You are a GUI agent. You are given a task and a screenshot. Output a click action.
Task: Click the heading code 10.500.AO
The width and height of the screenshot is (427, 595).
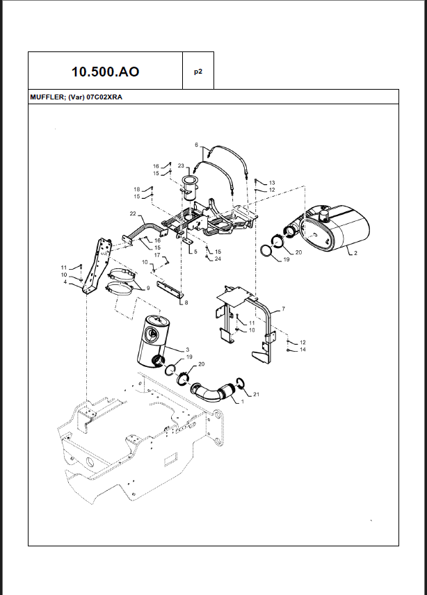point(105,71)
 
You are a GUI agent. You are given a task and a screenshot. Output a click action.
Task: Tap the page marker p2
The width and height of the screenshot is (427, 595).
point(198,71)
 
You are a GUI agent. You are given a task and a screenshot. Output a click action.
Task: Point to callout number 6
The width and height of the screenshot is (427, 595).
point(197,145)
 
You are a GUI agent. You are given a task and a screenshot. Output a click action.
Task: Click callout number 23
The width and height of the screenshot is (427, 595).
point(181,165)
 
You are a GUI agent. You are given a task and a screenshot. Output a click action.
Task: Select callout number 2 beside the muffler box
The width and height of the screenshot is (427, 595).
point(355,253)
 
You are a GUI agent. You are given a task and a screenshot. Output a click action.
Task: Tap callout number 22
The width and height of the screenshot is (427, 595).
point(132,213)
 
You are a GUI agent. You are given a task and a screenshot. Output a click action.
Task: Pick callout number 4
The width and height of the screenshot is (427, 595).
point(65,282)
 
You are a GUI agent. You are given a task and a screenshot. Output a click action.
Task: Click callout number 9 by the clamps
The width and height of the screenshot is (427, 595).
point(147,287)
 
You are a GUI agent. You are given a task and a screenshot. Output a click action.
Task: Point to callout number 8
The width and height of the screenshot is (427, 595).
point(186,302)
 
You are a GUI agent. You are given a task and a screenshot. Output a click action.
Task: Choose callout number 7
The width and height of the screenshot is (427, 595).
point(283,307)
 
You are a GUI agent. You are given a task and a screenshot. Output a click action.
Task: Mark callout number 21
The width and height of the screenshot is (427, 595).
point(256,395)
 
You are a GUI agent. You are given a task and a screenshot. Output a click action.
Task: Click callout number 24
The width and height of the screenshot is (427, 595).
point(218,259)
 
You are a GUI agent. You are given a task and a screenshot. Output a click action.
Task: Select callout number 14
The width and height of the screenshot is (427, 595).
point(303,350)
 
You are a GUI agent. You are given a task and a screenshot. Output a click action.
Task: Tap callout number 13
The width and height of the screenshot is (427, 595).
point(272,182)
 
